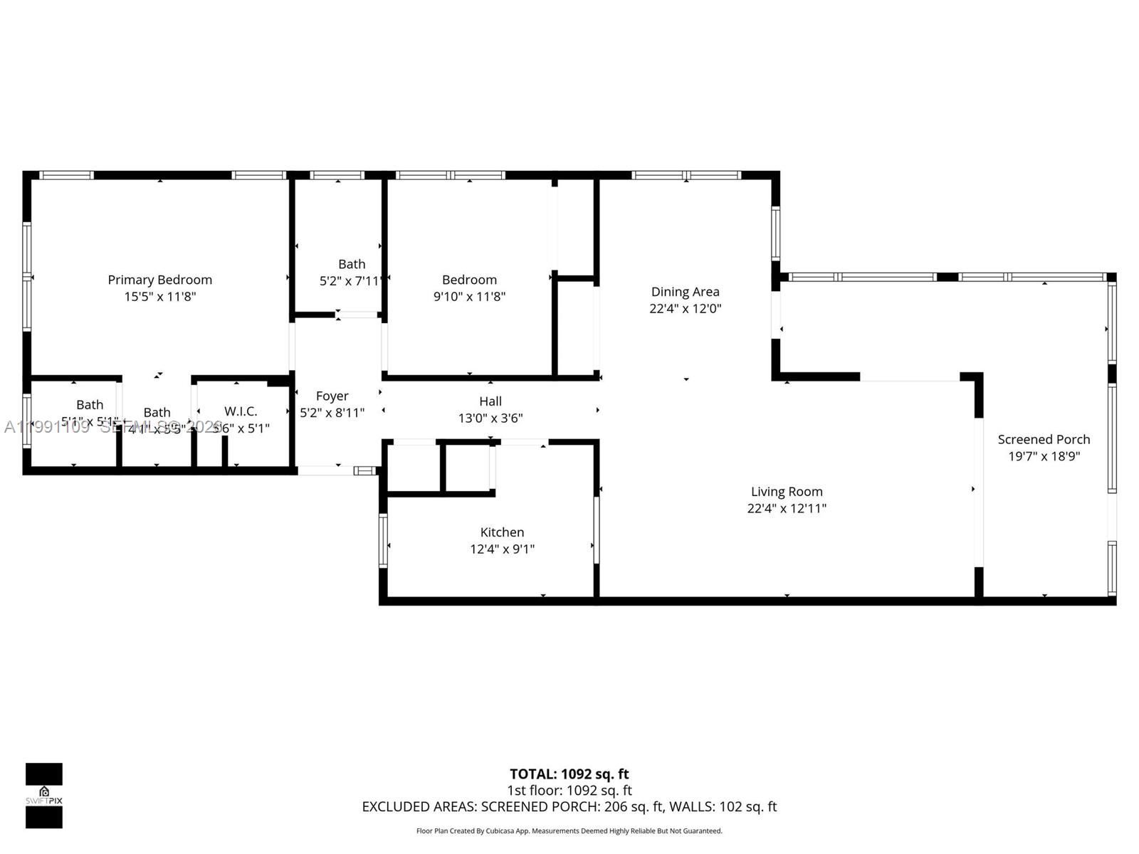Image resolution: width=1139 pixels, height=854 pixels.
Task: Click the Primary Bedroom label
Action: click(159, 280)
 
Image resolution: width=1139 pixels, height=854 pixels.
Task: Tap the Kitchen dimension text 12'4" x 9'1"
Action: click(502, 549)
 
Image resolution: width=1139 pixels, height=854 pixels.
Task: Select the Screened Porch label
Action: click(1044, 439)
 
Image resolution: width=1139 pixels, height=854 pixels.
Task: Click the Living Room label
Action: click(787, 491)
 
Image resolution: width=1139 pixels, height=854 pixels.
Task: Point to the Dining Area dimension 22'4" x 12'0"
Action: click(685, 308)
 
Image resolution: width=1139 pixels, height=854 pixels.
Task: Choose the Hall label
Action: click(490, 401)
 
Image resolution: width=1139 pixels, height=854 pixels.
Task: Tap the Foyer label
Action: click(332, 396)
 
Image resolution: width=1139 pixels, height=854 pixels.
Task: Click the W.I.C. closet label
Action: click(241, 411)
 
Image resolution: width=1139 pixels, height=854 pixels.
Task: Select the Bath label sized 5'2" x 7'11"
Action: click(352, 264)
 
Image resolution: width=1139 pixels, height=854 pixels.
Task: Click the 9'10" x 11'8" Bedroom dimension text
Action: click(469, 297)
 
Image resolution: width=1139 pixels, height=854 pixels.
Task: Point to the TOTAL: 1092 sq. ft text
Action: click(569, 774)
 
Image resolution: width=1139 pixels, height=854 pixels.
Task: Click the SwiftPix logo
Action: click(44, 795)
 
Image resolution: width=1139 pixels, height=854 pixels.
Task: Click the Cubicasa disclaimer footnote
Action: click(569, 831)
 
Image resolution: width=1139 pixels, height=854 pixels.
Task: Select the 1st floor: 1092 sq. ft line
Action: click(569, 790)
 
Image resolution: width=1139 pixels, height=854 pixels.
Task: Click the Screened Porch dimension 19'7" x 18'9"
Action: click(1044, 456)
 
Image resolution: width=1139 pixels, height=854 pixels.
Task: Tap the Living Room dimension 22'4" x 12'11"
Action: click(787, 508)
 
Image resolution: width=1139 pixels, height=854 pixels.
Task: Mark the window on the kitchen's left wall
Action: click(383, 540)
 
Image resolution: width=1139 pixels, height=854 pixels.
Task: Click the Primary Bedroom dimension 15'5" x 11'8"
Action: click(159, 297)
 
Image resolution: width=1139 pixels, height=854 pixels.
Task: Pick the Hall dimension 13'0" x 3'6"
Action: click(490, 418)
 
